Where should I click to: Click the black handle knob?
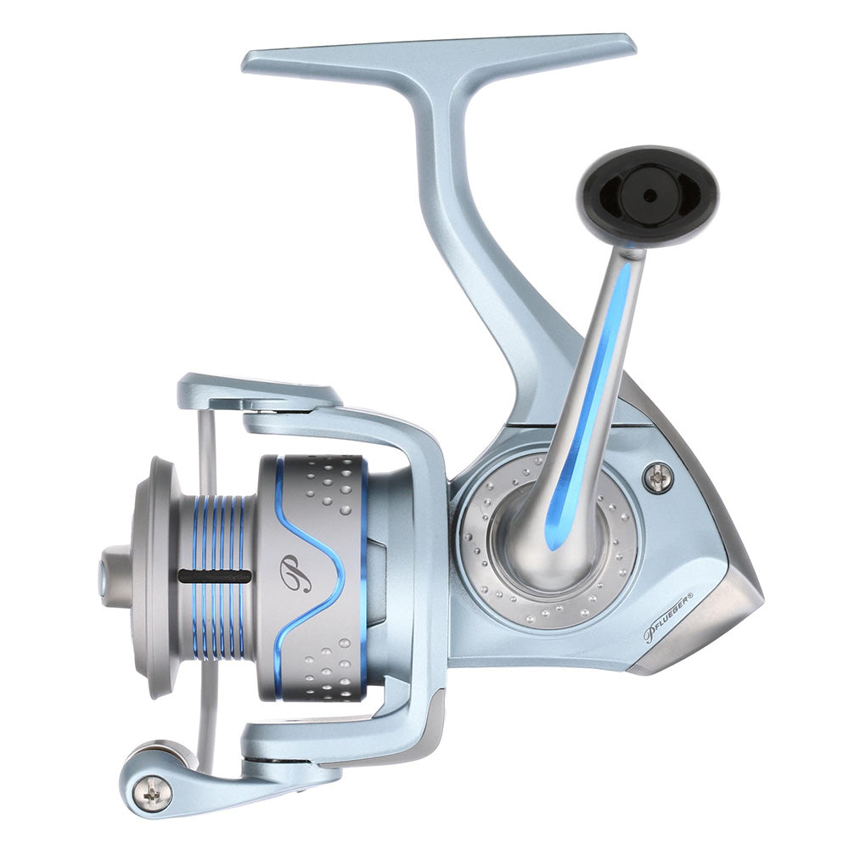tap(649, 195)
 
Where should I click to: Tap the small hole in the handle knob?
tap(649, 195)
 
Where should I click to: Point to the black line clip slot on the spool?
tap(214, 576)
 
